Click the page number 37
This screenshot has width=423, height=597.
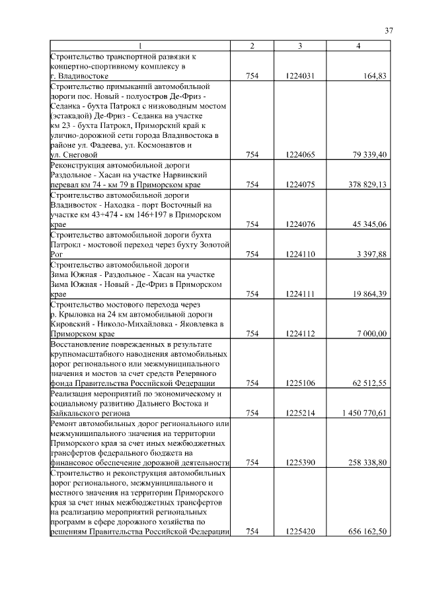tap(389, 30)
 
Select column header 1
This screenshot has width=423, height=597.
tap(140, 46)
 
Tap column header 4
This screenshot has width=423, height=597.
tap(358, 46)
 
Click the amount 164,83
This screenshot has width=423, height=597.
tap(375, 76)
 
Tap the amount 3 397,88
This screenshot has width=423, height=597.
tap(371, 254)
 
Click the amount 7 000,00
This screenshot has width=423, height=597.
tap(371, 333)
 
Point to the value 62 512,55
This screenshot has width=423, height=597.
tap(368, 382)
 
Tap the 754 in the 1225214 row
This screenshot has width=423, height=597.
tap(252, 413)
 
